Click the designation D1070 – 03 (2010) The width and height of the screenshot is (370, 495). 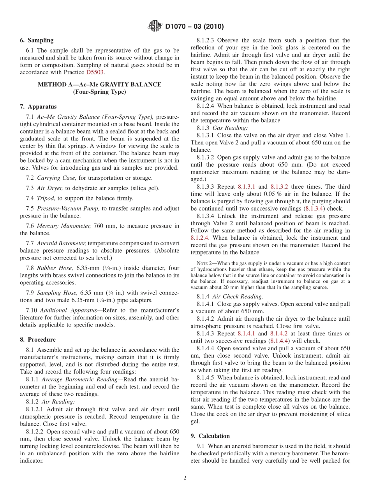[194, 27]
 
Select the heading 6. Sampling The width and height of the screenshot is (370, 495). [37, 40]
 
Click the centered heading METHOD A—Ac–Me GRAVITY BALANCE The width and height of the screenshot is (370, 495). [99, 84]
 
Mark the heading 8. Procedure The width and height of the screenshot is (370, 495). [38, 339]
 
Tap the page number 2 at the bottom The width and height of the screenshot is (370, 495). [185, 478]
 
